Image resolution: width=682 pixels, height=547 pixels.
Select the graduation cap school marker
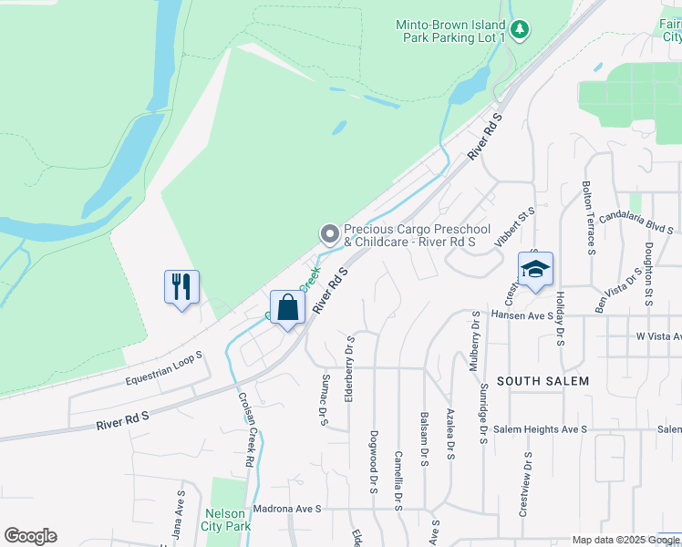tap(536, 269)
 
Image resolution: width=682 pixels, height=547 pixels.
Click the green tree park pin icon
tap(520, 30)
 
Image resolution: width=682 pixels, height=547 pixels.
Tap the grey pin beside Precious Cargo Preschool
tap(328, 235)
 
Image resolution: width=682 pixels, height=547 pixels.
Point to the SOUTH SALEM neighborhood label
tap(542, 380)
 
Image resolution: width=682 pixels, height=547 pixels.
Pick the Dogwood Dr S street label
tap(374, 463)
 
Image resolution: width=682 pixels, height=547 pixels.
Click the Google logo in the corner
tap(30, 536)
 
